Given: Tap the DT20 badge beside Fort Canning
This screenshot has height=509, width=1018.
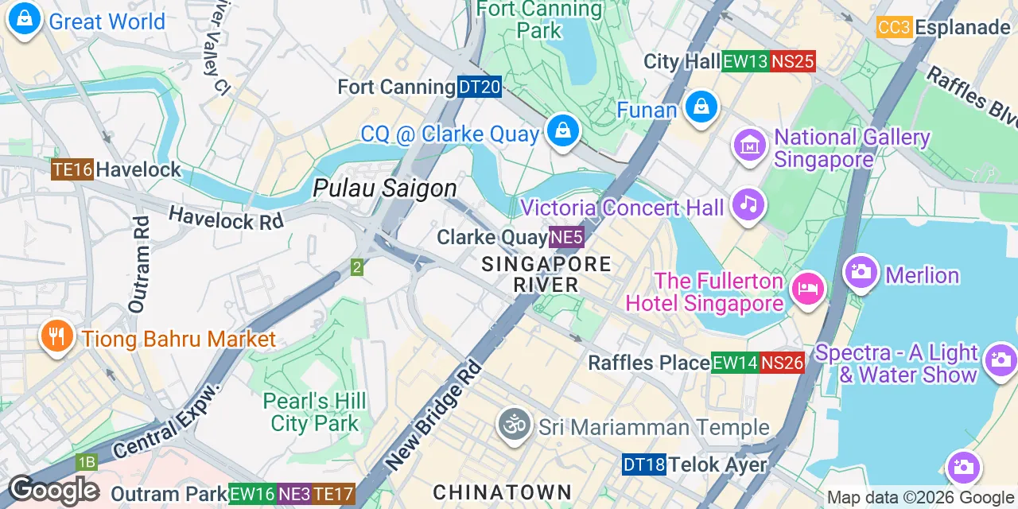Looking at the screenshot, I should pos(479,87).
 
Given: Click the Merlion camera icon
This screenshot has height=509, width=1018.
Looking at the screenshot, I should pos(861,273).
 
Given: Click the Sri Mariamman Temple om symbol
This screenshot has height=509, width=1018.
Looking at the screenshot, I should pos(515,425).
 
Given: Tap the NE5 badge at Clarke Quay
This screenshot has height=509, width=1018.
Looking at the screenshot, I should pos(567,237).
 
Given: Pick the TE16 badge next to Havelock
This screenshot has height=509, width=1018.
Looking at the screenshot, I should pos(72,169).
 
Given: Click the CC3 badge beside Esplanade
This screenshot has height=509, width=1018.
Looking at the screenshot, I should pos(894,28).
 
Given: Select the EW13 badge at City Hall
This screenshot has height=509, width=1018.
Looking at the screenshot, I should pos(745,61).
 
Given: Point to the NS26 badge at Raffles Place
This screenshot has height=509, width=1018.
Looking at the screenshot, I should pos(782,363).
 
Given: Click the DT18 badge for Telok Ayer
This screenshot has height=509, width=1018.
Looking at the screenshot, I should pos(643,465).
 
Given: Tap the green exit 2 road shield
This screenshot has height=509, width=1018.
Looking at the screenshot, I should pos(357,268).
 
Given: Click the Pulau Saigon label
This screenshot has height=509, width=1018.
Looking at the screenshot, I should pos(385,188).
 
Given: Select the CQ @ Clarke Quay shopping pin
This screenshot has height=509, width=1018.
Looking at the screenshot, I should pos(563,130).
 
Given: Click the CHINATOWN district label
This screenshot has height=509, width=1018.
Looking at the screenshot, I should pos(502,492).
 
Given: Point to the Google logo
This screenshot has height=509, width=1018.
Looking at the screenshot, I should pos(53,491).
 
